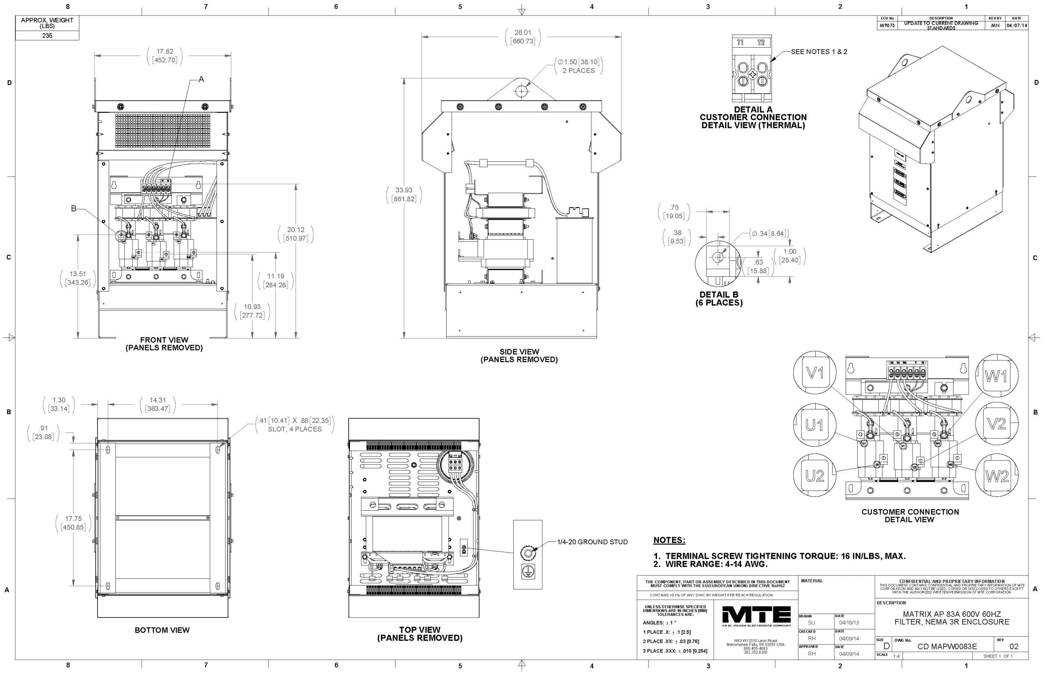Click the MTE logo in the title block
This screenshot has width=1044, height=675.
click(x=756, y=617)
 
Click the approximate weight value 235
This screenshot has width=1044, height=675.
click(x=47, y=35)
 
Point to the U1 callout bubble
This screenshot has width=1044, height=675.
click(x=814, y=425)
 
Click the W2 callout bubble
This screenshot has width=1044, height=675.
click(x=997, y=476)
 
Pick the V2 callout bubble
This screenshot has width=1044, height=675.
click(x=996, y=424)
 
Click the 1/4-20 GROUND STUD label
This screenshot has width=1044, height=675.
click(x=592, y=542)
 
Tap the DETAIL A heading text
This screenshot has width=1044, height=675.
click(x=753, y=110)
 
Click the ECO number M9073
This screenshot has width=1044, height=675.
click(x=887, y=25)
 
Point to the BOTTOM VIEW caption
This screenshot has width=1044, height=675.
click(x=162, y=630)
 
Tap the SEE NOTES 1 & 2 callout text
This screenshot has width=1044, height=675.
click(x=818, y=52)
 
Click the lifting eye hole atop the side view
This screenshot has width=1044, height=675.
click(x=521, y=91)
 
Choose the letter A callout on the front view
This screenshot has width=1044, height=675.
click(x=201, y=79)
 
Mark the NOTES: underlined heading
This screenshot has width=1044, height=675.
click(x=669, y=540)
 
